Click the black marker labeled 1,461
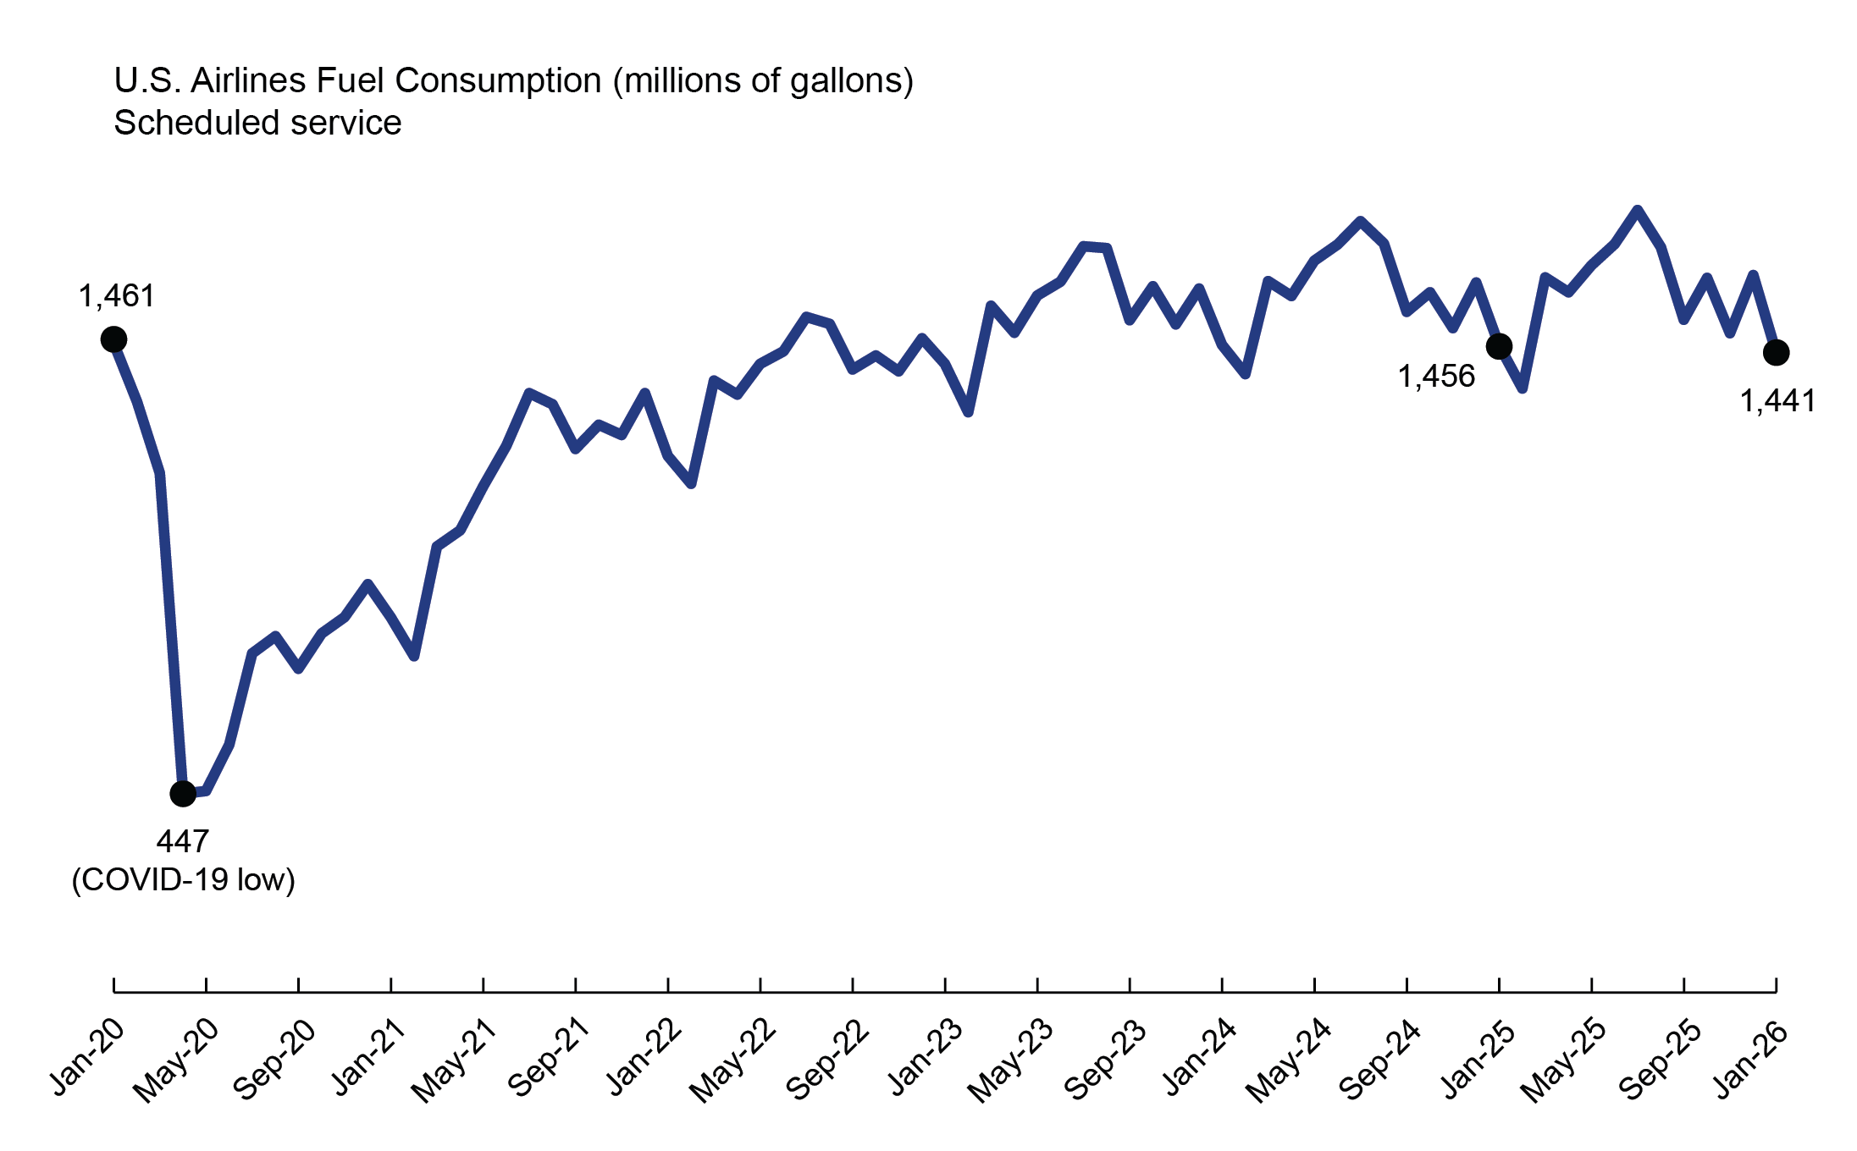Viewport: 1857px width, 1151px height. (x=113, y=339)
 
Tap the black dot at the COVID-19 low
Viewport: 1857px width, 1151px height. (x=183, y=793)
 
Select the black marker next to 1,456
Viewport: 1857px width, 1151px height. (x=1499, y=346)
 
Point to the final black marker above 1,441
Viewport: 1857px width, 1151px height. (x=1777, y=352)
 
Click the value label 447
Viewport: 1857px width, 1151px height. (x=183, y=841)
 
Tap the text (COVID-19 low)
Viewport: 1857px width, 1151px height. (x=183, y=880)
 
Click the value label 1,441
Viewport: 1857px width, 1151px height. (x=1777, y=401)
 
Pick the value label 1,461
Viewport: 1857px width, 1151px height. (x=117, y=296)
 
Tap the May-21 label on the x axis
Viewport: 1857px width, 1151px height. (x=454, y=1061)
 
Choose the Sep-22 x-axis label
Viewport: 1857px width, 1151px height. (x=826, y=1060)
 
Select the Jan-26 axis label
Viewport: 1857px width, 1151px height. (x=1751, y=1058)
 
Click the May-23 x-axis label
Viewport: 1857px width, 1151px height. (x=1010, y=1061)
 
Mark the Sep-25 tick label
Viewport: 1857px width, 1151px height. (x=1659, y=1060)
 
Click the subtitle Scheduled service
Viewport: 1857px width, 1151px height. (x=257, y=123)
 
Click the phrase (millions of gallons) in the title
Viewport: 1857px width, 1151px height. (x=763, y=81)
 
